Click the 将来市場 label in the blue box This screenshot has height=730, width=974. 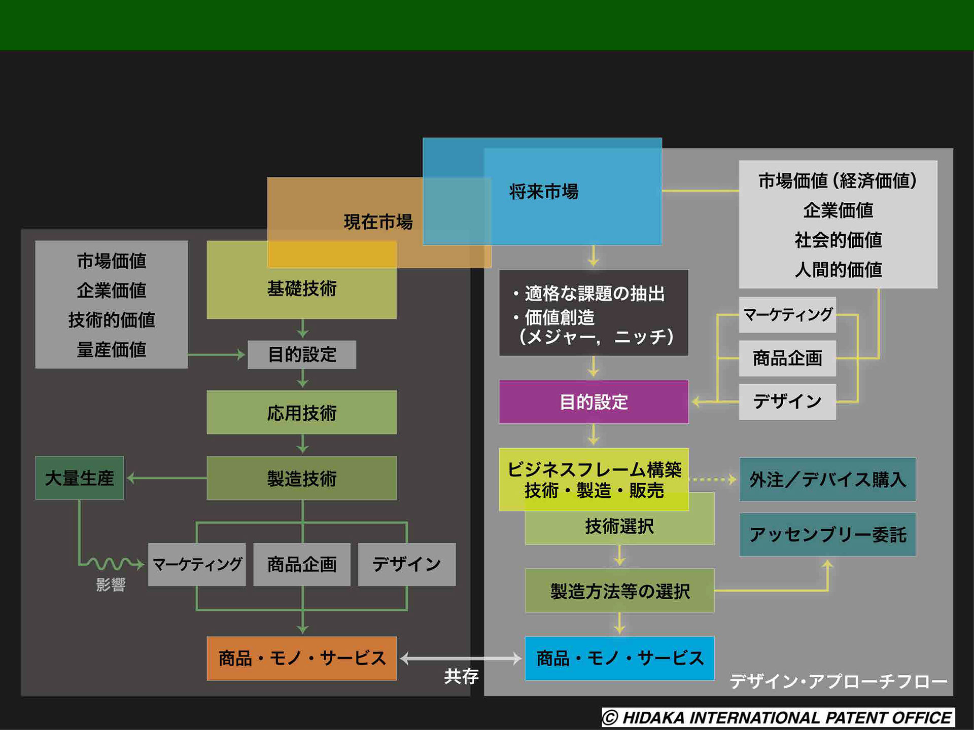(543, 192)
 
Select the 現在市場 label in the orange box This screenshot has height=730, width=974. (378, 222)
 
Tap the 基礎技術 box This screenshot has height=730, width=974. (302, 288)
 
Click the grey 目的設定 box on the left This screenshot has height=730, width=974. (302, 354)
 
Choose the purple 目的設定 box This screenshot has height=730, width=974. (594, 402)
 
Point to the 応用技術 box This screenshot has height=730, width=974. (302, 413)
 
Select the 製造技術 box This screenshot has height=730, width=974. (302, 478)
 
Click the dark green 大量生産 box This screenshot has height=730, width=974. (80, 478)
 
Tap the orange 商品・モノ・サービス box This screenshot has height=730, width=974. (302, 658)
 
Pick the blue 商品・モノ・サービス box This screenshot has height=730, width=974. (619, 658)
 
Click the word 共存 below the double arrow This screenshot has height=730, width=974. (461, 676)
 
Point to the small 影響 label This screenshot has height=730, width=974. (111, 585)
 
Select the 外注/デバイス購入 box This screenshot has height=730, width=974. (827, 480)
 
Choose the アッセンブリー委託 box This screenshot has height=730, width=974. (827, 534)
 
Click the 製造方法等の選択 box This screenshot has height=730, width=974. (619, 591)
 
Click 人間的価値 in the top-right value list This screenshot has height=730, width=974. (838, 270)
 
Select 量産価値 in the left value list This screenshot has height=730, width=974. (111, 350)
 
